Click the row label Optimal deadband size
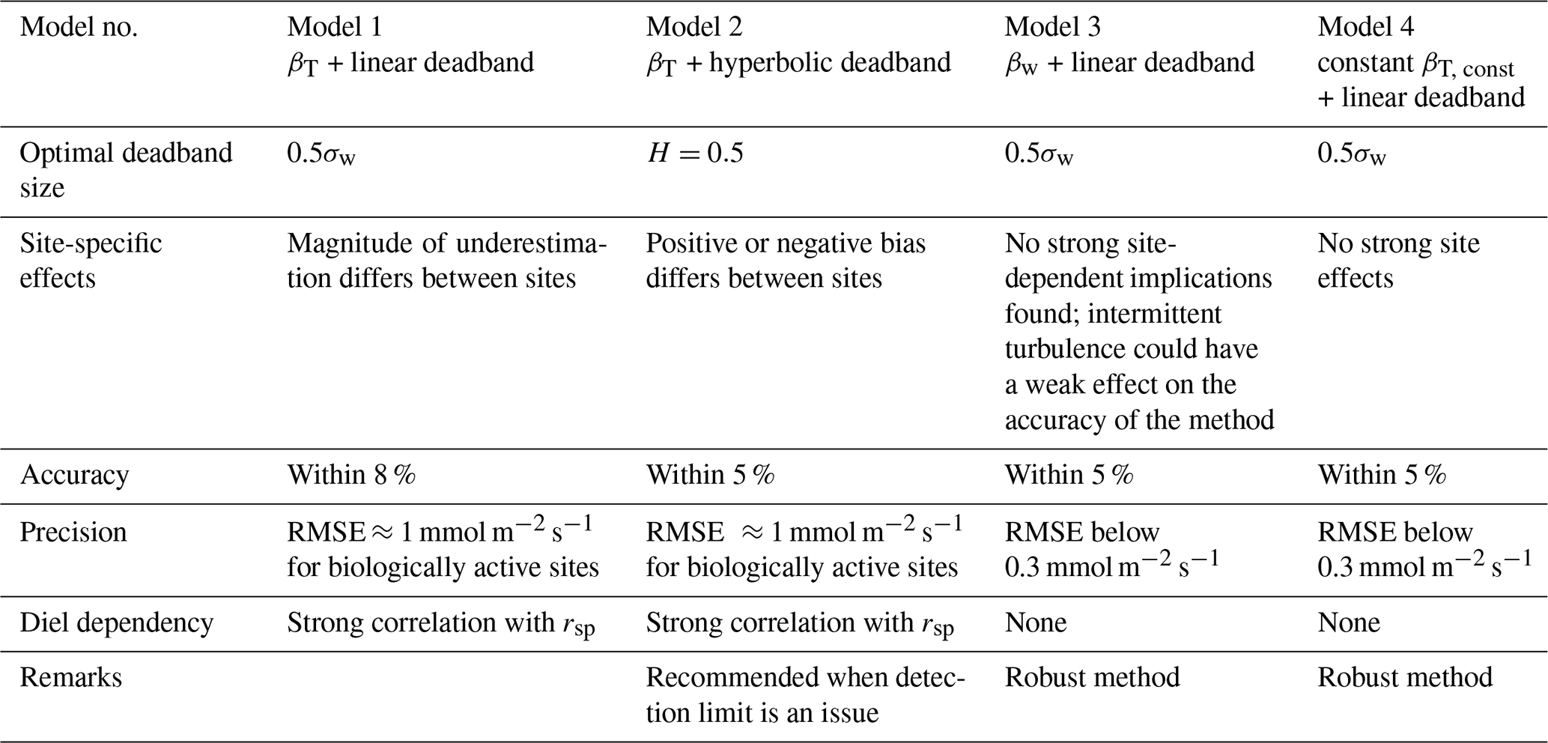click(x=126, y=170)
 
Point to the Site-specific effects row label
click(x=91, y=261)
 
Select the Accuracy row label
click(x=74, y=475)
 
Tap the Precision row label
click(x=73, y=532)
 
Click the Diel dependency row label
click(x=116, y=622)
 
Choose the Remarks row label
click(x=70, y=677)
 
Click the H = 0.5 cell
click(x=694, y=154)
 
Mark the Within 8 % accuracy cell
click(x=350, y=475)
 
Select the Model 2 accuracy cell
click(x=709, y=475)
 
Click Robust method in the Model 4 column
click(x=1404, y=677)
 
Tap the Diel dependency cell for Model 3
click(x=1035, y=622)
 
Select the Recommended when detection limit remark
click(x=805, y=694)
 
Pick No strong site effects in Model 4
click(x=1398, y=261)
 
